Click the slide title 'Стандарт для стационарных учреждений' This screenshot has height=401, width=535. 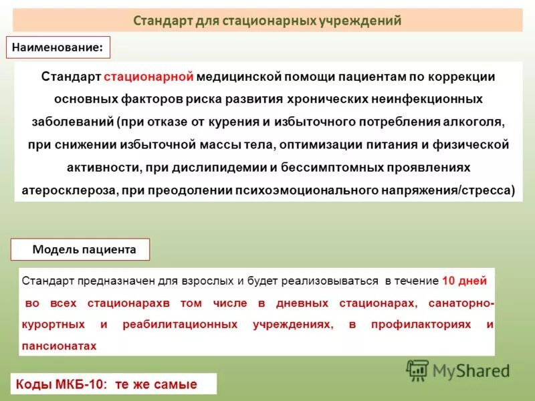click(267, 20)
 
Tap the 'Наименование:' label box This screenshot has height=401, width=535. click(58, 47)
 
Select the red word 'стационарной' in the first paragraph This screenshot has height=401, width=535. click(148, 76)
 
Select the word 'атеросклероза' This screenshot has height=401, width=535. click(68, 190)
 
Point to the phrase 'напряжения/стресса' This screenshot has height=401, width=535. click(460, 190)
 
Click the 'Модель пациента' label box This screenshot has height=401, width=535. click(81, 250)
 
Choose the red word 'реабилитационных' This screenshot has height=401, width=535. click(180, 324)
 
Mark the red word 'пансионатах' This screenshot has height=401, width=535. click(60, 346)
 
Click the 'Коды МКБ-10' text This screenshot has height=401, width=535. click(63, 384)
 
